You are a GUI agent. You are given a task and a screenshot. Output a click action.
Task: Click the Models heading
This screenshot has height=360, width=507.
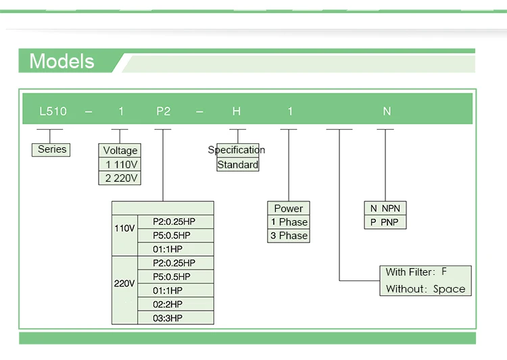pos(62,61)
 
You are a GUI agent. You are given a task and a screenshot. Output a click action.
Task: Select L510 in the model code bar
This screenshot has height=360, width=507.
pos(53,111)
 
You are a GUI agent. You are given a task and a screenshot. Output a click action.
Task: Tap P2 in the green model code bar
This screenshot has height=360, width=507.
pos(164,111)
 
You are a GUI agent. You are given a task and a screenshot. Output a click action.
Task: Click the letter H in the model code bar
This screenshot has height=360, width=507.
pos(237,111)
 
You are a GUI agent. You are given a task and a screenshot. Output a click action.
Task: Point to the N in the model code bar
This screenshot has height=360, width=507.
pos(387,111)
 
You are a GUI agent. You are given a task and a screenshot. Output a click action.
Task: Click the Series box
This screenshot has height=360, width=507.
pos(51,150)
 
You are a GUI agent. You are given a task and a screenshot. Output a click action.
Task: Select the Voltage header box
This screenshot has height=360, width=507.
pos(120,151)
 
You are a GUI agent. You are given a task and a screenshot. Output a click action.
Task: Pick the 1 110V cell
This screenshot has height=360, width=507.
pos(120,165)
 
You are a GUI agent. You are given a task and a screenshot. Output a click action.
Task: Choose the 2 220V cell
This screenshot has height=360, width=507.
pos(120,178)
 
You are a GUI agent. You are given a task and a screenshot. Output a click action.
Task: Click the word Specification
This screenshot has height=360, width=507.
pos(237,150)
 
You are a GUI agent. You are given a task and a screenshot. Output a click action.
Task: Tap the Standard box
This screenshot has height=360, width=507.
pos(238,165)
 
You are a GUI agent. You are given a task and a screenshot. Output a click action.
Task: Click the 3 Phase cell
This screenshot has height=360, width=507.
pos(289,236)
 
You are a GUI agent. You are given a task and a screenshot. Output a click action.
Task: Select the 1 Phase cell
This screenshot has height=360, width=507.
pos(289,222)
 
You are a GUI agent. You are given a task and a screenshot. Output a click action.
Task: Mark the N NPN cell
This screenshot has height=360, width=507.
pos(385,209)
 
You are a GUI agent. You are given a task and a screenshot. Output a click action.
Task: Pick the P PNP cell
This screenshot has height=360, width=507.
pos(385,222)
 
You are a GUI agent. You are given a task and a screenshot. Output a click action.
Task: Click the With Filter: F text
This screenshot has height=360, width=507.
pos(416,272)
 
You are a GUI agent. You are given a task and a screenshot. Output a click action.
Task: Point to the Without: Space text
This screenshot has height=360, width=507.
pos(425,289)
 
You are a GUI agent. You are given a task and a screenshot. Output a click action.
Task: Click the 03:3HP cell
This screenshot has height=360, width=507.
pos(176,318)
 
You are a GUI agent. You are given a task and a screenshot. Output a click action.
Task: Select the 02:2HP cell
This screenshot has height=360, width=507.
pos(176,305)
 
